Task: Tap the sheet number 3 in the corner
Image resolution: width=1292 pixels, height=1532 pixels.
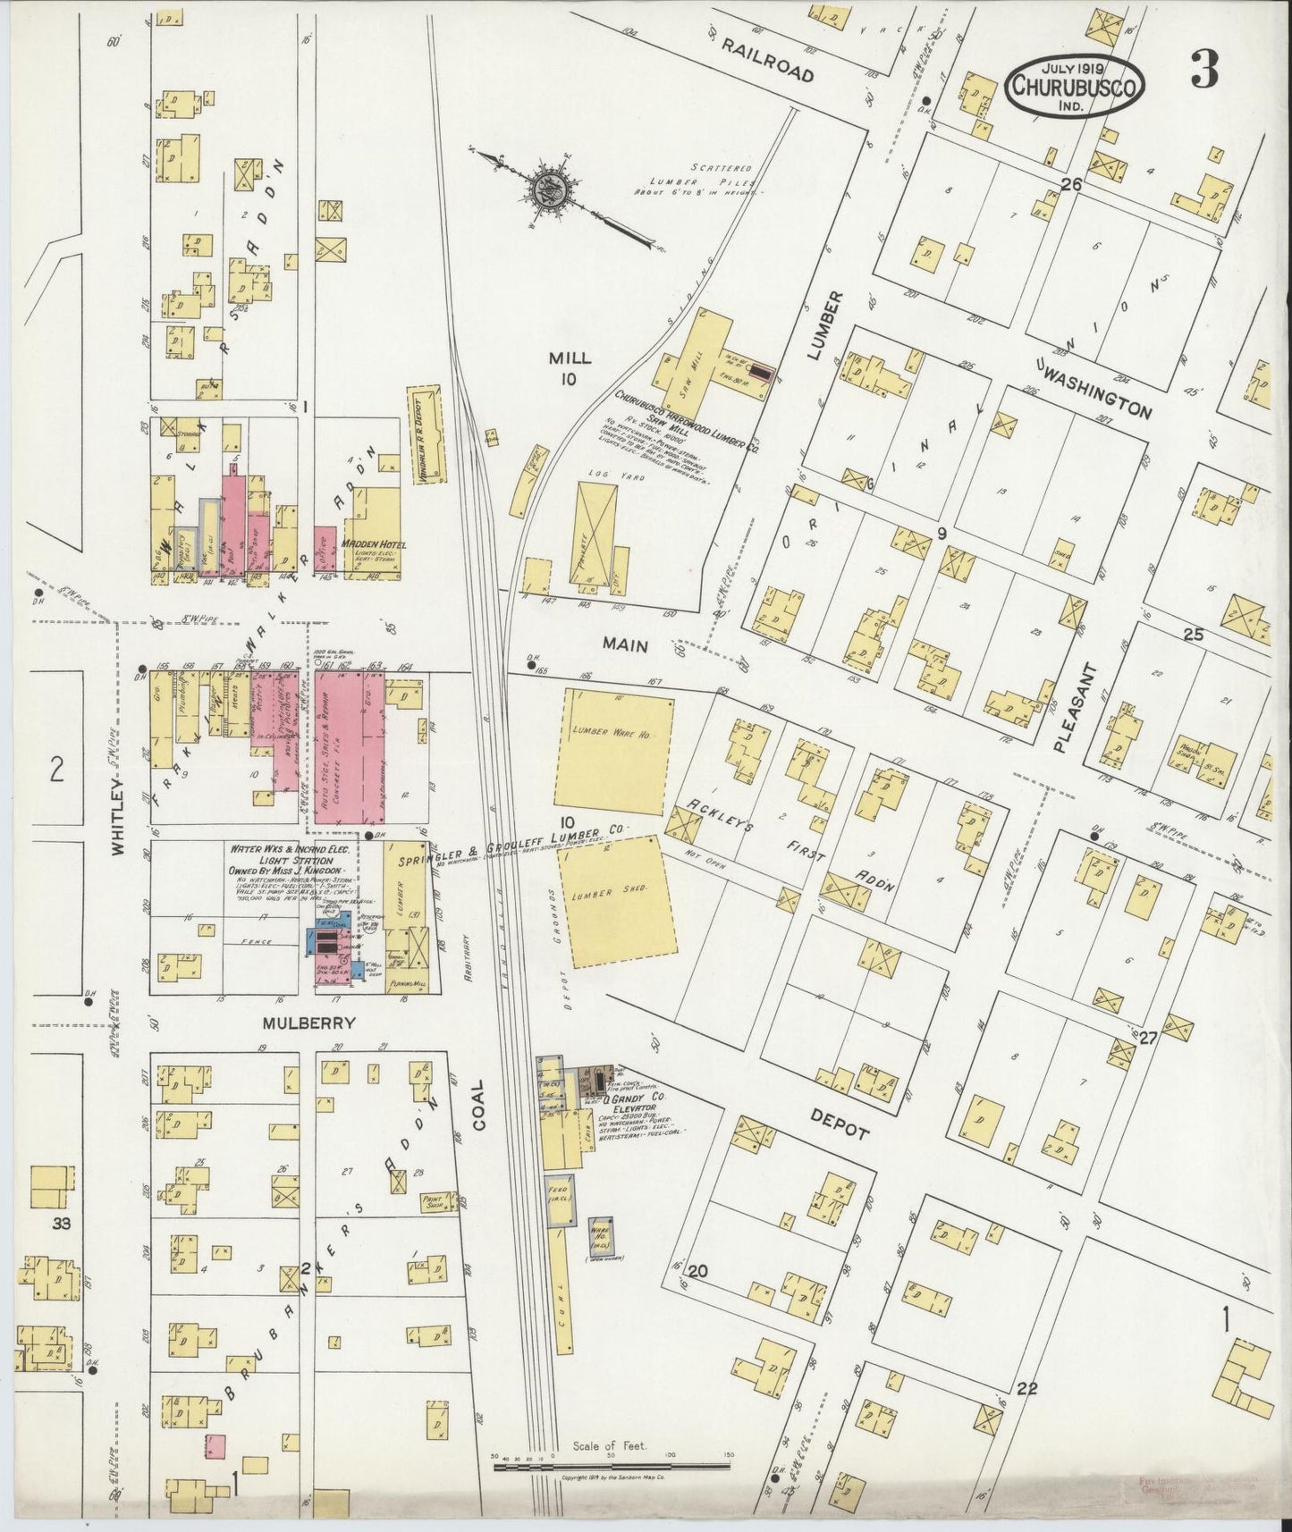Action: point(1203,72)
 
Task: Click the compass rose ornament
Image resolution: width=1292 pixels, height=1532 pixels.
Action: point(545,189)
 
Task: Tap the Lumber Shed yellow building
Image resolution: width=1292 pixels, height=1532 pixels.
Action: point(616,902)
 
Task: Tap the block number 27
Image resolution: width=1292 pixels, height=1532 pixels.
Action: point(1147,1038)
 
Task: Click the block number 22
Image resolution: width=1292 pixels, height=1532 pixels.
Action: point(1026,1413)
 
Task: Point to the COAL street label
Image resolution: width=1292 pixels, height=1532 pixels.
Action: point(478,1105)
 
